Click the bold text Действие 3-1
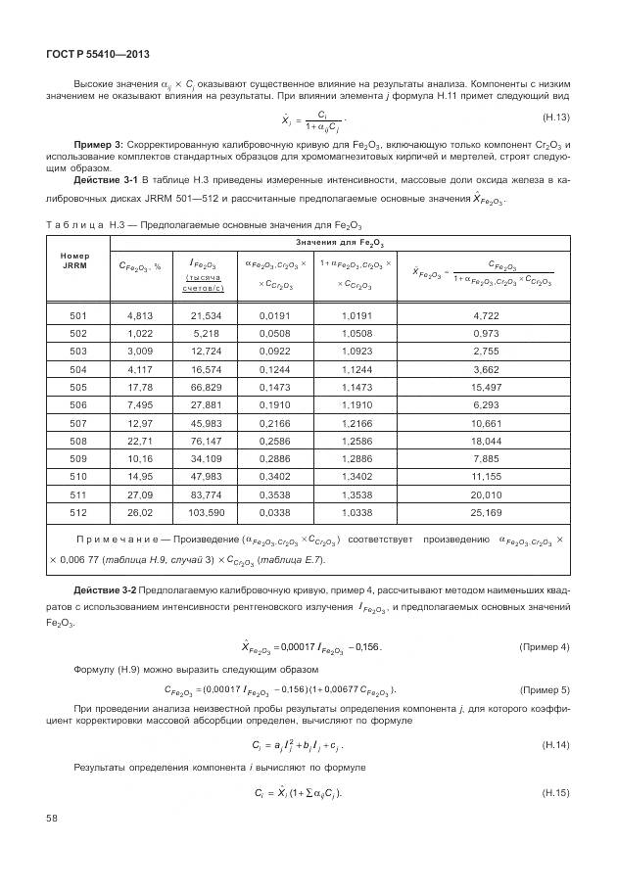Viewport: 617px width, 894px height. [104, 181]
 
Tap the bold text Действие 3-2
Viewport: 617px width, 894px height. [104, 590]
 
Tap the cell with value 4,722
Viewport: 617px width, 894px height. [486, 314]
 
